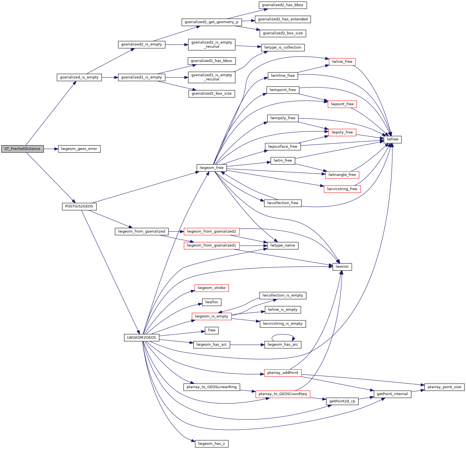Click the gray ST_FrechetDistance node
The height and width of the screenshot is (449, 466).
pyautogui.click(x=22, y=149)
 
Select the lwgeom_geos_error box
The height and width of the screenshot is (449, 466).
pyautogui.click(x=79, y=149)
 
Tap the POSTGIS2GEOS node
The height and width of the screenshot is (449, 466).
pyautogui.click(x=79, y=207)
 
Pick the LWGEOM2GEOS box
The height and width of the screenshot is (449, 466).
pyautogui.click(x=142, y=338)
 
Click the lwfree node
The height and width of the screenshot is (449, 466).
pyautogui.click(x=393, y=139)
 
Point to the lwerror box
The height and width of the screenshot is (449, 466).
pyautogui.click(x=342, y=267)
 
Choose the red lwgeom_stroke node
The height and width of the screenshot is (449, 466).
pyautogui.click(x=211, y=288)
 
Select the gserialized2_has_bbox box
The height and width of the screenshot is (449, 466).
pyautogui.click(x=283, y=5)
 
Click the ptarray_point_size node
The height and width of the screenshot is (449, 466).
pyautogui.click(x=444, y=387)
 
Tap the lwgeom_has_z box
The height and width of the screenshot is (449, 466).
pyautogui.click(x=211, y=444)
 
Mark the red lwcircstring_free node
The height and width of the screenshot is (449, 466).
pyautogui.click(x=342, y=189)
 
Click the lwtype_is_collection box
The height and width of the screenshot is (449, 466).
pyautogui.click(x=283, y=47)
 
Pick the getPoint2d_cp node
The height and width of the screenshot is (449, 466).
pyautogui.click(x=342, y=401)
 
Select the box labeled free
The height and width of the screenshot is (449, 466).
pyautogui.click(x=211, y=330)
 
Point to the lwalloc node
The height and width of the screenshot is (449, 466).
pyautogui.click(x=211, y=302)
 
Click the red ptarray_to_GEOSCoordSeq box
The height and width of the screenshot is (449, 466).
pyautogui.click(x=283, y=394)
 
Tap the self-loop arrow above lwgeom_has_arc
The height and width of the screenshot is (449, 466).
pyautogui.click(x=283, y=335)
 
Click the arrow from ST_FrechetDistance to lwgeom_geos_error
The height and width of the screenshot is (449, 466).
pyautogui.click(x=51, y=149)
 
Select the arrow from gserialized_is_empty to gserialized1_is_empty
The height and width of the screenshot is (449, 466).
pyautogui.click(x=110, y=77)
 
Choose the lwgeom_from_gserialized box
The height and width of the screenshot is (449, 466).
pyautogui.click(x=142, y=231)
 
